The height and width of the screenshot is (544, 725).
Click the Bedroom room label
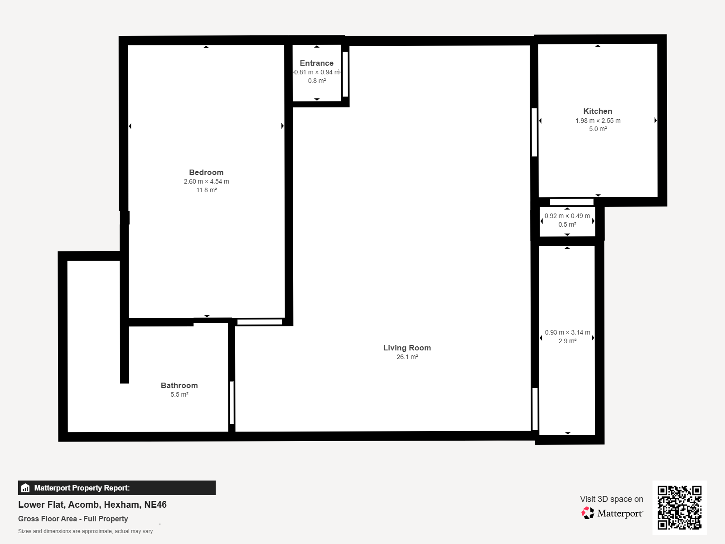206,172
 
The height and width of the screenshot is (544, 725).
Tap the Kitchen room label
598,112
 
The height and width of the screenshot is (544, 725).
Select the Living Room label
407,348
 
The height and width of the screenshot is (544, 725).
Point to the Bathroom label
179,385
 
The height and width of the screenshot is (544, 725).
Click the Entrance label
316,63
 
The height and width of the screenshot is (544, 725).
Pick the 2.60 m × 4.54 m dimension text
206,181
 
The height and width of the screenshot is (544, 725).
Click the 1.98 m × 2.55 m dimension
598,121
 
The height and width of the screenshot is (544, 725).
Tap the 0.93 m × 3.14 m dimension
567,332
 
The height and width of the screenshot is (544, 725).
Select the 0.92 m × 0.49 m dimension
567,216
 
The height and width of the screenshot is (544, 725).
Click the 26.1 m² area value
407,357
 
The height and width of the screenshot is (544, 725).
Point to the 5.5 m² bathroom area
179,394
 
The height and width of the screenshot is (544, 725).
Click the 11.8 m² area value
207,190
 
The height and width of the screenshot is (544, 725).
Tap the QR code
679,508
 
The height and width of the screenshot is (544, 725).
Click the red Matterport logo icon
588,513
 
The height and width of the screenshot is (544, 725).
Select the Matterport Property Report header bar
116,488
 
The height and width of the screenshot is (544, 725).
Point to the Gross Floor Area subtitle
73,519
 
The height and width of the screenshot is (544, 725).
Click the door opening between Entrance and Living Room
345,74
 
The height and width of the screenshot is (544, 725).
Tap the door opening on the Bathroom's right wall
232,403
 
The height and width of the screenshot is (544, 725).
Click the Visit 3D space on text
611,499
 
